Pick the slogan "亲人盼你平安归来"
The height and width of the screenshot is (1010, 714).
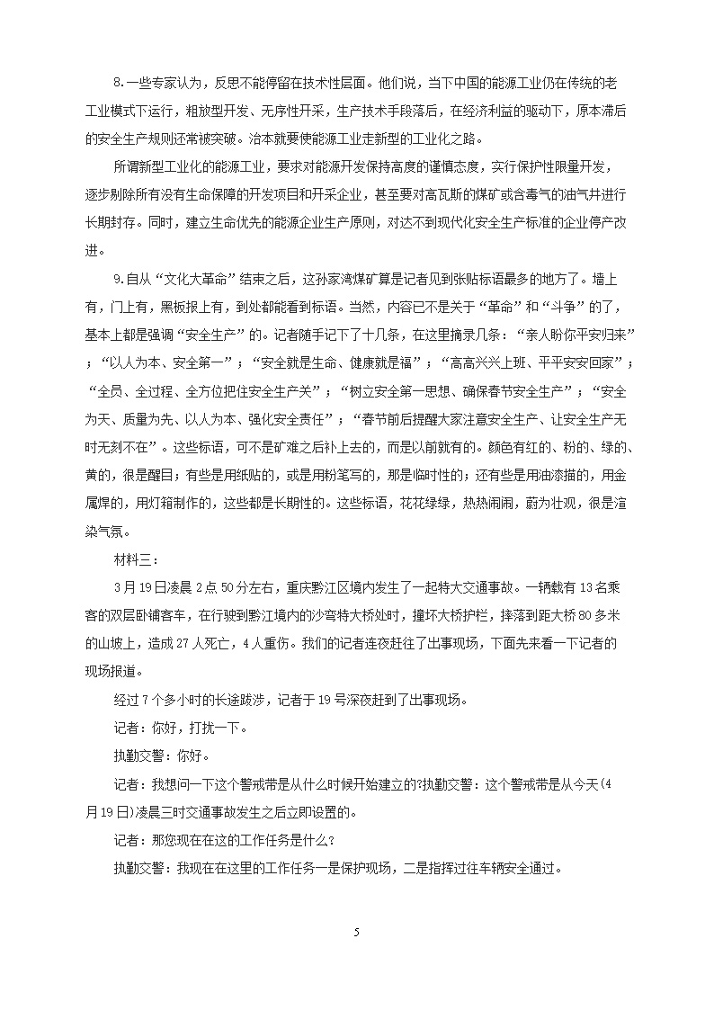tap(575, 334)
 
